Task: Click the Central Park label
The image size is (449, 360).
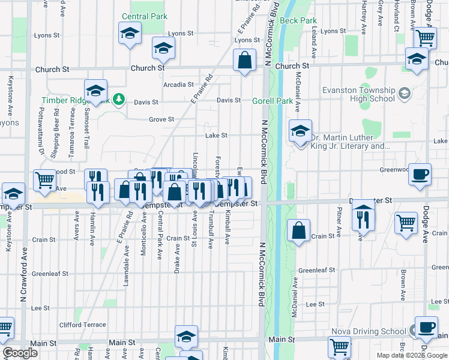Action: (144, 16)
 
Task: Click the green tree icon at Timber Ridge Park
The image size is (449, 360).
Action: (119, 98)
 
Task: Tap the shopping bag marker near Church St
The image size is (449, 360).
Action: (244, 61)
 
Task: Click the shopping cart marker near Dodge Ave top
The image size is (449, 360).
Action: (425, 38)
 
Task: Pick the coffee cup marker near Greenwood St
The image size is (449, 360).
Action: (420, 173)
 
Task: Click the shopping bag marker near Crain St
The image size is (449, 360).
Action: (299, 230)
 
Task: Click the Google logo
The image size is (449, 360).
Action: (20, 353)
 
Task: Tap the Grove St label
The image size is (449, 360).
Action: (161, 119)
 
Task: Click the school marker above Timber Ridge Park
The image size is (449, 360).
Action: (95, 90)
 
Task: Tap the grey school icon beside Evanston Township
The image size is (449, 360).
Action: (404, 92)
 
